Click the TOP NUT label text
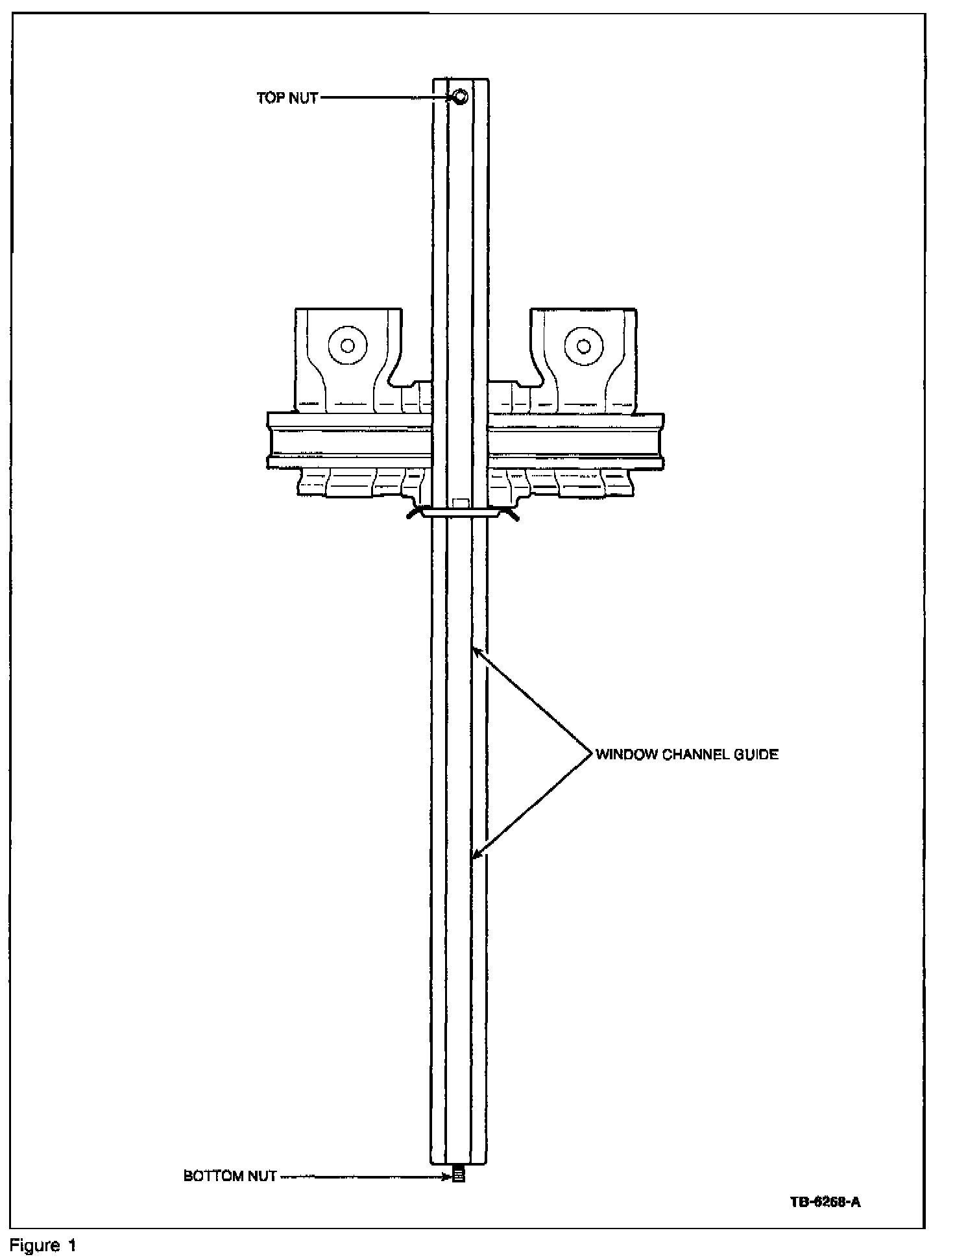[x=287, y=98]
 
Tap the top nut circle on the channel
[x=460, y=97]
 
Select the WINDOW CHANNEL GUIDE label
[x=686, y=754]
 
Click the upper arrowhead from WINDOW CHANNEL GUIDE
[x=476, y=650]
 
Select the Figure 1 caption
[x=43, y=1245]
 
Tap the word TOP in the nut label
[x=270, y=98]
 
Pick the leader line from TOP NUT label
[x=386, y=98]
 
